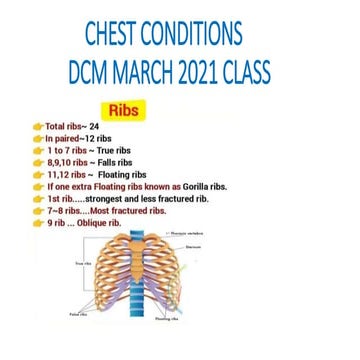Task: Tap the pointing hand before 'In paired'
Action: click(38, 139)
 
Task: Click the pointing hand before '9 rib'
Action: click(38, 222)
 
